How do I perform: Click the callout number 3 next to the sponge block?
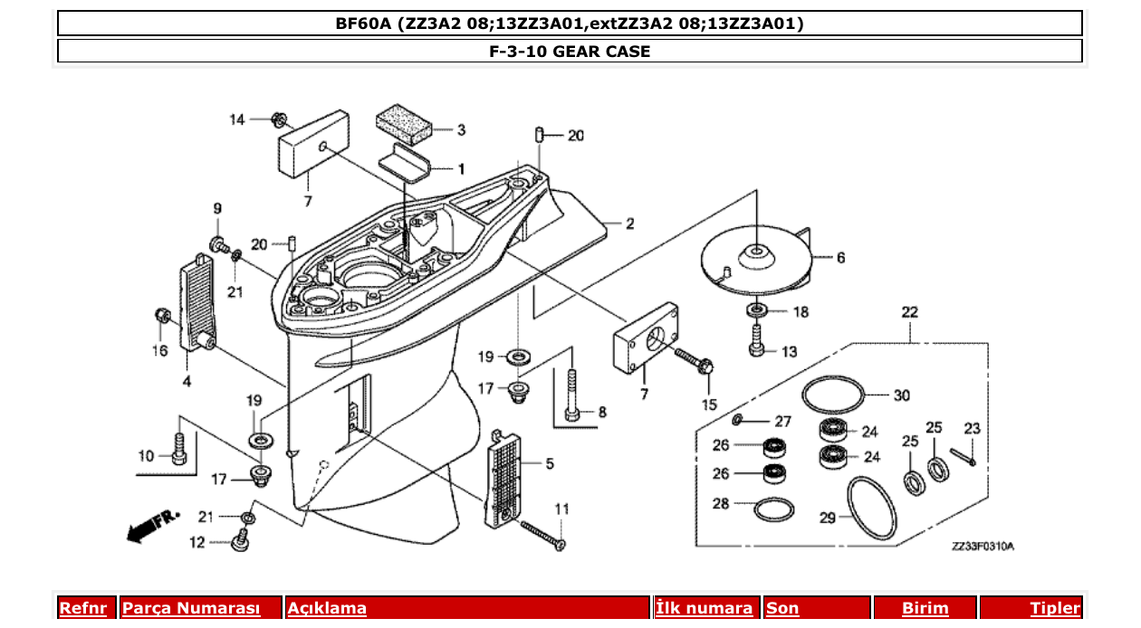tap(461, 130)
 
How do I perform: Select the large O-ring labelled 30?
tap(832, 395)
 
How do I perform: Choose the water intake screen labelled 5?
tap(509, 476)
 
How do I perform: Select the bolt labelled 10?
tap(179, 449)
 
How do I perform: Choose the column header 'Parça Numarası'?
tap(191, 608)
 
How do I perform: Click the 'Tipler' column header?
tap(1054, 608)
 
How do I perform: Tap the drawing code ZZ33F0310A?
tap(983, 547)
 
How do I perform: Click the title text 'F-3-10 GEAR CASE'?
tap(570, 52)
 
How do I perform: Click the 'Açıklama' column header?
tap(327, 608)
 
